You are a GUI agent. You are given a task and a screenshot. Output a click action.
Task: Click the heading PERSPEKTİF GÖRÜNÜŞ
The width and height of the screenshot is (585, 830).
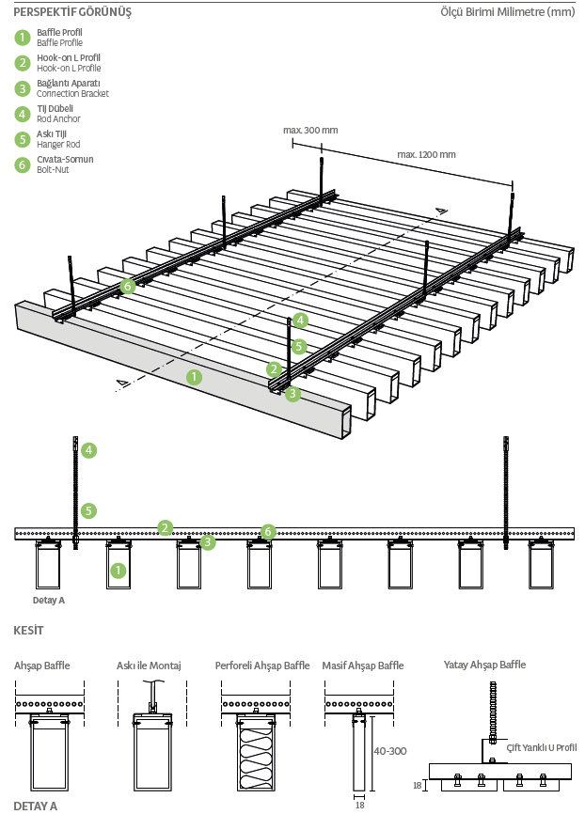[x=72, y=12]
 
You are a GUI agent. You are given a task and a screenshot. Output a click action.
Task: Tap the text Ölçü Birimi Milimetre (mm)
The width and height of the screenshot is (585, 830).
[x=507, y=12]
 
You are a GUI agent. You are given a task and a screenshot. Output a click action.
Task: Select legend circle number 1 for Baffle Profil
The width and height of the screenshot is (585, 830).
[x=23, y=38]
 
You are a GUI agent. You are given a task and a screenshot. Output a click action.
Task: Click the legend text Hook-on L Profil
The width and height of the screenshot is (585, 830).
[x=69, y=58]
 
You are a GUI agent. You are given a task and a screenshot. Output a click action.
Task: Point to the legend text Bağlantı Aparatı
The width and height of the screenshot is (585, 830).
[x=69, y=84]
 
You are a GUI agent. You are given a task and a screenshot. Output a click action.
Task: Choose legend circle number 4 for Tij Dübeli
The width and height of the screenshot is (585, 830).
[x=23, y=114]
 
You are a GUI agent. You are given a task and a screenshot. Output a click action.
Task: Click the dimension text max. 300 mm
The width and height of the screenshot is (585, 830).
[x=310, y=130]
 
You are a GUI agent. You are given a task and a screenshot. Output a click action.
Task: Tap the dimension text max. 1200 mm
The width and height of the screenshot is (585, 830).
[x=426, y=154]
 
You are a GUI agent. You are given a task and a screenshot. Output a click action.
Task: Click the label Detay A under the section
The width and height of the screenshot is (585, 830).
[x=48, y=599]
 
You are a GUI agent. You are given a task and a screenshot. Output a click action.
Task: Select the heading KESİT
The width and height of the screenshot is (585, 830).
[x=28, y=629]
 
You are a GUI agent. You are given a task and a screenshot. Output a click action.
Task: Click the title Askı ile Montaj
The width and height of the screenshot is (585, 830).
[x=149, y=666]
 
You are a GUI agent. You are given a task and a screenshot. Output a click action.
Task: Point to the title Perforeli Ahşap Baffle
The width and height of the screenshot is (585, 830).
[x=262, y=666]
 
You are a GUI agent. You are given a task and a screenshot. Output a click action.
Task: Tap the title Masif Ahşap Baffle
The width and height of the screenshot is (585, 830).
[x=363, y=666]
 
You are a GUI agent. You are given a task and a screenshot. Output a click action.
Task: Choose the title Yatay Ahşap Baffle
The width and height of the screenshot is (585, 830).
[x=484, y=665]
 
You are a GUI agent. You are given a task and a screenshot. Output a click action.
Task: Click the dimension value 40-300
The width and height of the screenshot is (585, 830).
[x=389, y=751]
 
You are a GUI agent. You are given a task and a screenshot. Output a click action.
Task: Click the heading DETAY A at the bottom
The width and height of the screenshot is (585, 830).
[x=36, y=807]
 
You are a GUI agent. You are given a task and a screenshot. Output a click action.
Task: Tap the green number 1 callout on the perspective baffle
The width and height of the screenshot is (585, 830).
[x=194, y=377]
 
